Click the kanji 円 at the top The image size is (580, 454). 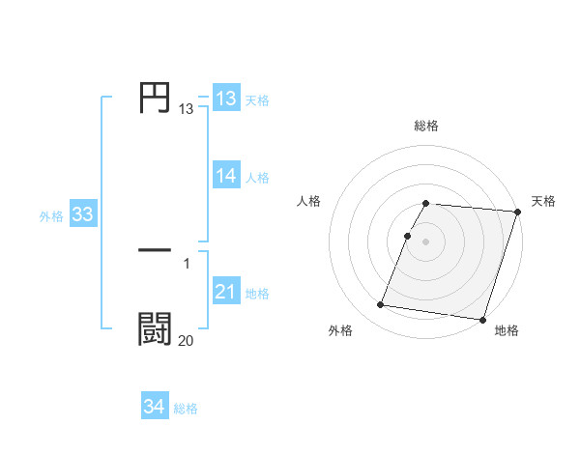click(x=155, y=99)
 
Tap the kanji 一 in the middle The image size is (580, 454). click(x=155, y=250)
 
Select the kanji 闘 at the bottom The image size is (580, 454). click(x=155, y=328)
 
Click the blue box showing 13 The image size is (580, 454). click(x=226, y=99)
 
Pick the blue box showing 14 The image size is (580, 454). click(x=226, y=176)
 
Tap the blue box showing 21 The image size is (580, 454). click(x=226, y=292)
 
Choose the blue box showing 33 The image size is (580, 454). click(x=82, y=215)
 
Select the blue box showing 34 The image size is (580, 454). click(x=154, y=408)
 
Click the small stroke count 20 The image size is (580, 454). click(x=186, y=340)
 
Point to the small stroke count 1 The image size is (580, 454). click(x=187, y=263)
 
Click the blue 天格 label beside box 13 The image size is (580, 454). click(x=257, y=99)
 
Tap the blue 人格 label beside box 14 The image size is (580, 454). click(x=257, y=177)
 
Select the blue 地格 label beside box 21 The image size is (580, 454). click(x=257, y=293)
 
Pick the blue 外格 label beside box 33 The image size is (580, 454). click(x=51, y=216)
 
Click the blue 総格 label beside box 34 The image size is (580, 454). click(x=186, y=409)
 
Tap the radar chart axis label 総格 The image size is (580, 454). click(x=426, y=126)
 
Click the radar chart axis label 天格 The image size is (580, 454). click(x=543, y=201)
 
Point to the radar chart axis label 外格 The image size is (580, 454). click(x=340, y=330)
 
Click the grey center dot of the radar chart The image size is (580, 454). click(x=426, y=241)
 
